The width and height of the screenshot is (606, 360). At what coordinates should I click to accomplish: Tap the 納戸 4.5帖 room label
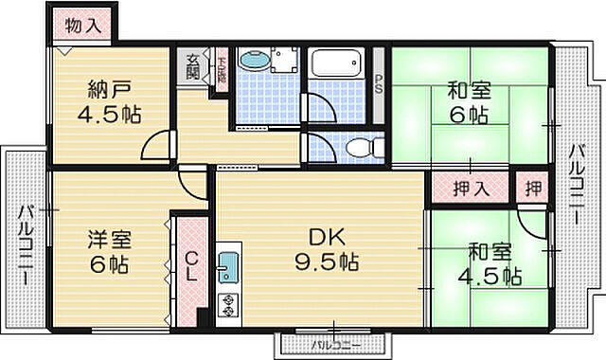click(109, 103)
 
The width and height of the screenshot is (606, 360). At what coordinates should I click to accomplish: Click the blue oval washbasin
click(253, 62)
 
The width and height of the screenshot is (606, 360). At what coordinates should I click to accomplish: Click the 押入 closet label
click(469, 187)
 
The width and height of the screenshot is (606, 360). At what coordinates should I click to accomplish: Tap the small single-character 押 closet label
click(534, 187)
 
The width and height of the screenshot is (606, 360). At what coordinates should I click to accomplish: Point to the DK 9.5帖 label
click(323, 247)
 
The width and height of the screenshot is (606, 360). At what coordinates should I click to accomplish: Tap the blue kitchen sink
click(228, 266)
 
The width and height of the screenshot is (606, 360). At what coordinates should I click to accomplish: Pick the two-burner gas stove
click(229, 304)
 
